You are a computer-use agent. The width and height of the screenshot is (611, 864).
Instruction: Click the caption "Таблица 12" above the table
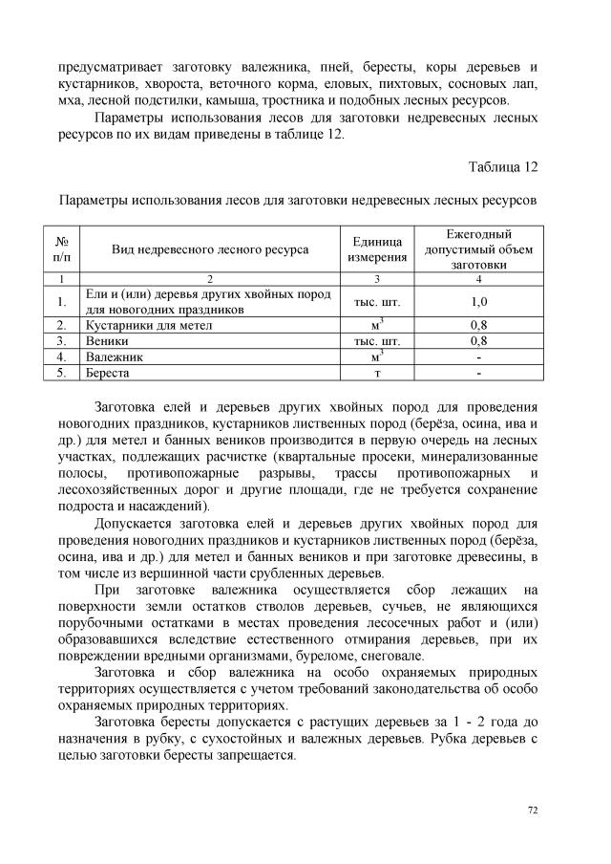tap(504, 167)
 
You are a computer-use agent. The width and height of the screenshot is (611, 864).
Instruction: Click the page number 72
tap(533, 810)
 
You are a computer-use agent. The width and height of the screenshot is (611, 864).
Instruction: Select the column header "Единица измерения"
tap(376, 249)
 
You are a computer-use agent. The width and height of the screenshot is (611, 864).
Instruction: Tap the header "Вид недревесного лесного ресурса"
tap(210, 249)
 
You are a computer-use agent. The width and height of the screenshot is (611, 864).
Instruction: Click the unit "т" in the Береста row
tap(376, 372)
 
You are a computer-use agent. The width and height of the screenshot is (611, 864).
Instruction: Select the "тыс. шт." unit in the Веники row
tap(376, 340)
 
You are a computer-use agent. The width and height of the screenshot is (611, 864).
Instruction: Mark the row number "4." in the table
tap(60, 356)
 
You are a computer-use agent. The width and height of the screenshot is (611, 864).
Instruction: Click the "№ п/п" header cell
tap(60, 249)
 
